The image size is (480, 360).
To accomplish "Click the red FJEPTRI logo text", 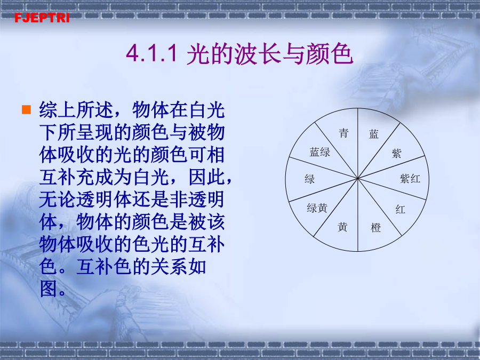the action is pos(42,18).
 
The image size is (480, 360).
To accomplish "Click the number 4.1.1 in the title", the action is pos(152,53).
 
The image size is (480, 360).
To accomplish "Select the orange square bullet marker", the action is pos(26,109).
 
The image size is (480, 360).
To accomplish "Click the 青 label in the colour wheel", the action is pos(343,133).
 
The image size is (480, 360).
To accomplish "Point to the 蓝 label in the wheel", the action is pos(374,134).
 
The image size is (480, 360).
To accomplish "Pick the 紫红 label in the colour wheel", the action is pos(410,179).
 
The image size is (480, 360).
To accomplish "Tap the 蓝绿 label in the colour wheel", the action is pos(320,152).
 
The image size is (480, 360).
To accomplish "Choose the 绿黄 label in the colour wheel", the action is pos(317,208).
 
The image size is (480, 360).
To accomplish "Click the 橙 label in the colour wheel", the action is pos(375,227).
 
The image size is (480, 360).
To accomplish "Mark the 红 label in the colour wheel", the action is pos(400,210).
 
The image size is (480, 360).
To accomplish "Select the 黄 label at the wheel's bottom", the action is pos(342,227).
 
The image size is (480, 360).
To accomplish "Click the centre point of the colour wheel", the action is pos(357,179).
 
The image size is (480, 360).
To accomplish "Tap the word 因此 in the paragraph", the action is pos(207,177).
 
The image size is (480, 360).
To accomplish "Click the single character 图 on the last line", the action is pos(49,289).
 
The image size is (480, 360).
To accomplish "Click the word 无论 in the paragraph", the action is pos(58,199).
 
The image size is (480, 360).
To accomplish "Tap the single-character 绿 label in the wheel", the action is pos(309,179).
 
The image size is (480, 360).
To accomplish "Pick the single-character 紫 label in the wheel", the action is pos(396,153).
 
